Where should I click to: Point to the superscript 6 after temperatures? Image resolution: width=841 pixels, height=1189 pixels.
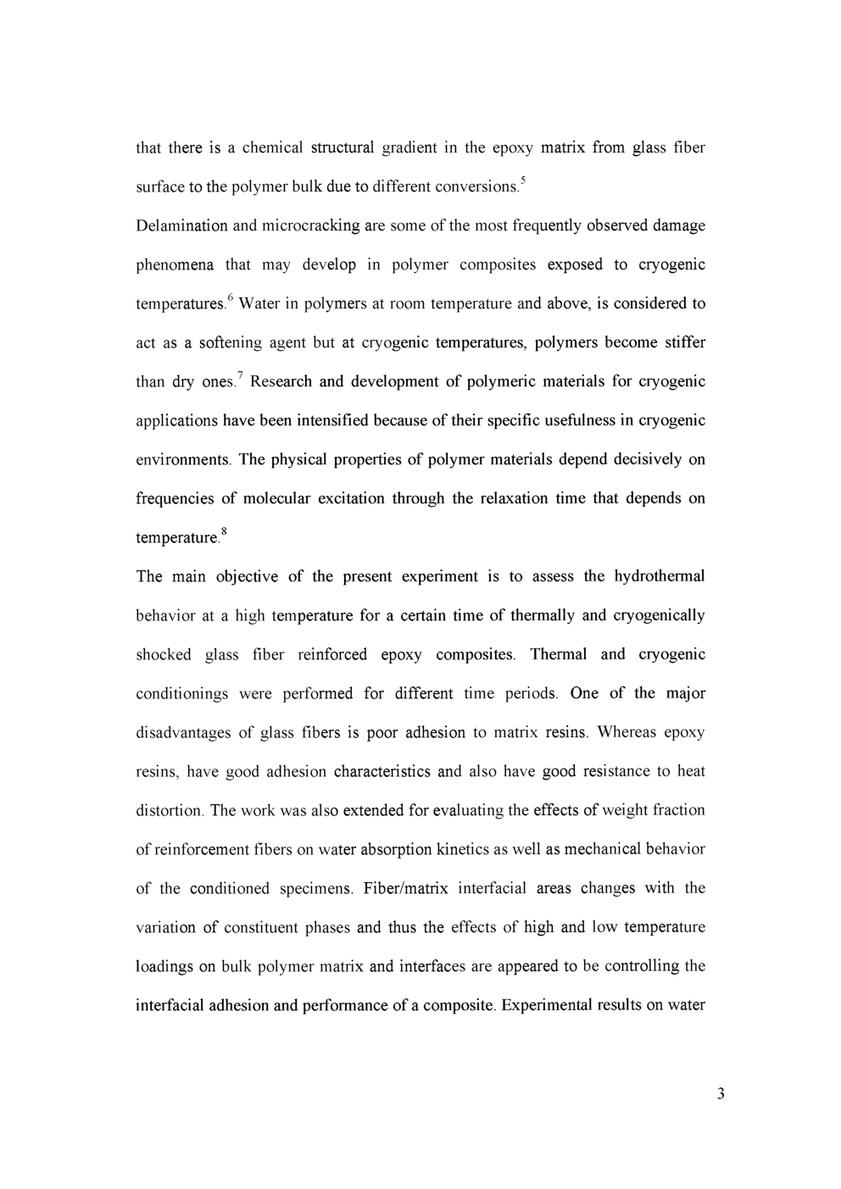[230, 297]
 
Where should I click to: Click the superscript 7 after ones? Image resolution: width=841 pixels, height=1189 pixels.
[240, 375]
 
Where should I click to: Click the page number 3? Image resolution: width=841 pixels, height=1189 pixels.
[721, 1093]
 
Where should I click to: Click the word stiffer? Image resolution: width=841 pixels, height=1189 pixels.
[682, 342]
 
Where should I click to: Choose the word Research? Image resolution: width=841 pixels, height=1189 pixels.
[284, 381]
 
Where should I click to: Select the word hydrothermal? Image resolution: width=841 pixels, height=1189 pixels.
[659, 576]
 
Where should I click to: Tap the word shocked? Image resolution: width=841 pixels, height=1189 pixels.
[164, 654]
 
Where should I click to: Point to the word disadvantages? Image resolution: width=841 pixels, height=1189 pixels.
[184, 732]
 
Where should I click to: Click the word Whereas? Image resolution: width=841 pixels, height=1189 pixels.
[627, 732]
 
